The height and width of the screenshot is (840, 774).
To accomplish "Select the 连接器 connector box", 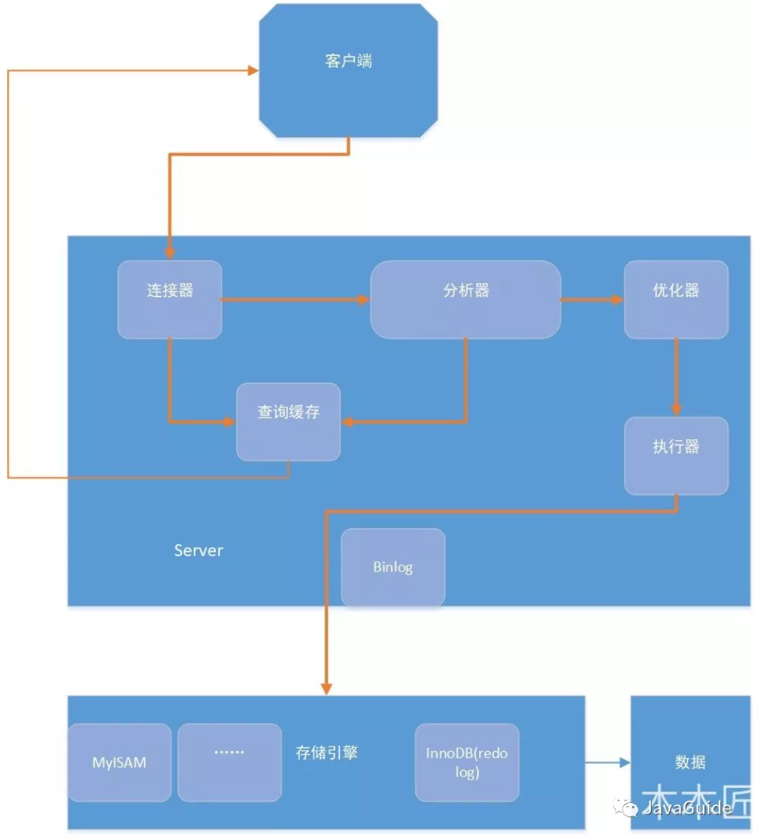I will tap(170, 300).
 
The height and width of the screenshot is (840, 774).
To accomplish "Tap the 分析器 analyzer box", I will tap(465, 300).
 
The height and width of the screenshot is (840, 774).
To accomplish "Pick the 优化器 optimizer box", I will tap(676, 300).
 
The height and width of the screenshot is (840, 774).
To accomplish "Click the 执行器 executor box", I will tap(676, 455).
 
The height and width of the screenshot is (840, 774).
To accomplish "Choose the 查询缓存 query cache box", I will tap(288, 422).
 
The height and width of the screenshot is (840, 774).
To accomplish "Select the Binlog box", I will tap(393, 568).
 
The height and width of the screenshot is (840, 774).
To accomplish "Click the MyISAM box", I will tap(119, 762).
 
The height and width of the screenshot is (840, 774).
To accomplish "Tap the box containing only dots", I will tap(230, 762).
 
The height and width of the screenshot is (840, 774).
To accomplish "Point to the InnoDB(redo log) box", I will tap(467, 762).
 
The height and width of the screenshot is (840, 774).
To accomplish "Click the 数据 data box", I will tap(690, 762).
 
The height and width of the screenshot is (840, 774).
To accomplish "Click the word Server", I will tap(199, 550).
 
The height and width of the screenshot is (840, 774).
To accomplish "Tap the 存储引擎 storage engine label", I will tap(326, 752).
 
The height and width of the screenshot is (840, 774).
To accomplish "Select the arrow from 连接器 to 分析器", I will tap(294, 300).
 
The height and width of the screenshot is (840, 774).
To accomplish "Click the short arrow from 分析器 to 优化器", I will tap(591, 300).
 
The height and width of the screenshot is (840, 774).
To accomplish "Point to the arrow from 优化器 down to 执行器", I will tap(676, 376).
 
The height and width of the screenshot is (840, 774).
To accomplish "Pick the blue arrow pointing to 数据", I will tap(607, 762).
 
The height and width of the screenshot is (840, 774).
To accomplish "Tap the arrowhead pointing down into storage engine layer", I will tap(326, 688).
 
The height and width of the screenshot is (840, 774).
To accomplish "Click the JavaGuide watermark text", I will tap(686, 808).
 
